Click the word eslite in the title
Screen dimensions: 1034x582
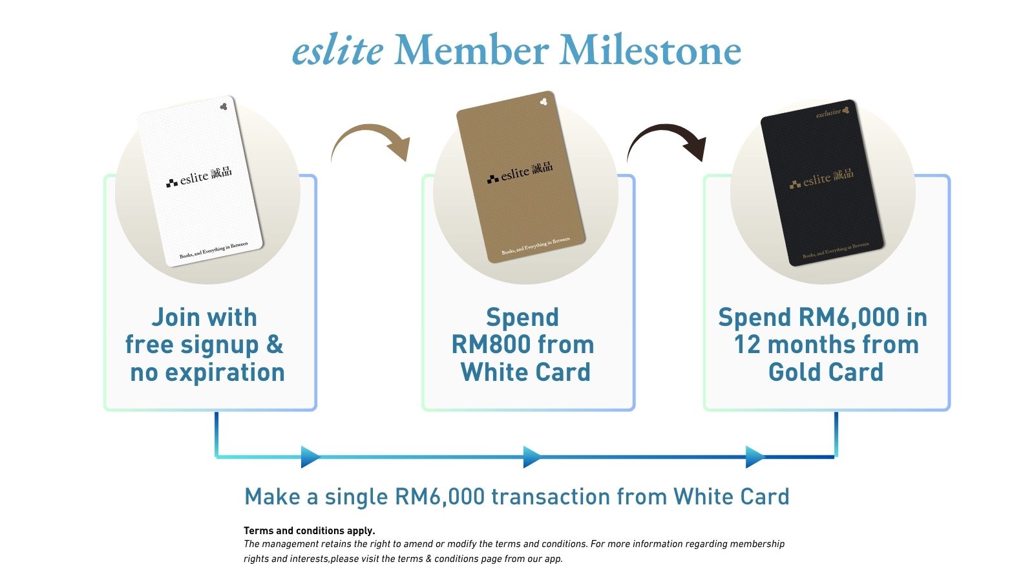coord(338,50)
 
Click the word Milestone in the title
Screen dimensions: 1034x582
coord(650,50)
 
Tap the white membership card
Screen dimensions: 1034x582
coord(200,180)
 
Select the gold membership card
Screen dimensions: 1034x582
coord(521,177)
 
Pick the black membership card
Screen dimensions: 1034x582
coord(822,182)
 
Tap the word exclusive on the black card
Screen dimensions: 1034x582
coord(828,113)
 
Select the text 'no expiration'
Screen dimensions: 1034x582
coord(207,372)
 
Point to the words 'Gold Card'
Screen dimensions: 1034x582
coord(826,372)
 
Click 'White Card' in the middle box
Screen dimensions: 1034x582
coord(525,372)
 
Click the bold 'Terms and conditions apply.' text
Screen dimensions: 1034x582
coord(310,531)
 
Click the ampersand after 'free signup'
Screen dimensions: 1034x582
coord(275,345)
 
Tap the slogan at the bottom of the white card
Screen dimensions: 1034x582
coord(214,250)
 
